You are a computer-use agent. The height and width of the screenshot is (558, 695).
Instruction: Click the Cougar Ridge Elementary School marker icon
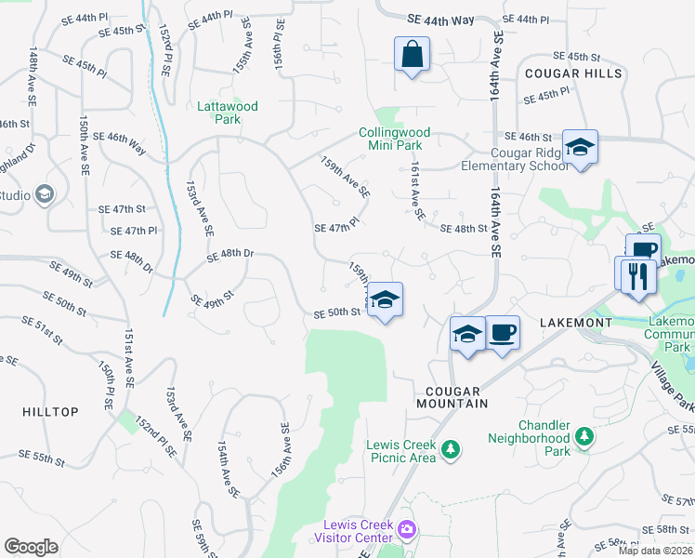pos(580,148)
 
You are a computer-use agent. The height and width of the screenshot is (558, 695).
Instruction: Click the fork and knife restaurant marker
pos(637,275)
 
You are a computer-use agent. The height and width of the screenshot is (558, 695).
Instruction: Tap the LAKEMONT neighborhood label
pos(576,322)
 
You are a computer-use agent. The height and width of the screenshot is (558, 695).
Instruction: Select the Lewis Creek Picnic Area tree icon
pos(451,450)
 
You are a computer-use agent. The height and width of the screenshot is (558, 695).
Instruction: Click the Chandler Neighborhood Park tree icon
pos(584,436)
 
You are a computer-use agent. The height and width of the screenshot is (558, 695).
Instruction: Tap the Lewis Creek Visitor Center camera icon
pos(406,530)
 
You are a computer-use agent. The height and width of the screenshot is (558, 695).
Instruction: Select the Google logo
pos(31,547)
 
